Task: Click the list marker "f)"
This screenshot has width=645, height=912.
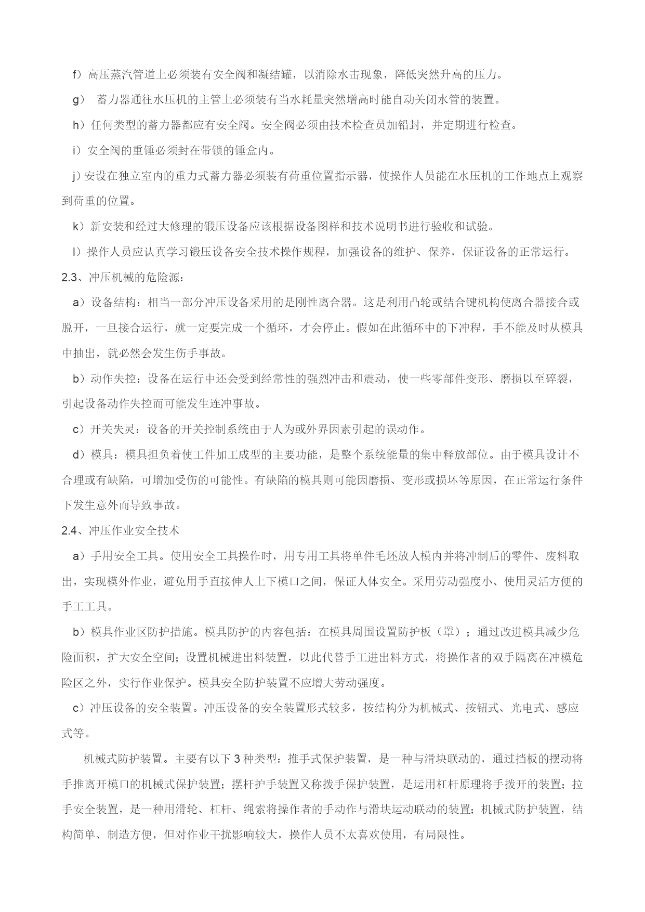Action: (77, 74)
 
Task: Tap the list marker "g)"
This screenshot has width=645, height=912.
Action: (78, 100)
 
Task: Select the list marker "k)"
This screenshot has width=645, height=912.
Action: (78, 226)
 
